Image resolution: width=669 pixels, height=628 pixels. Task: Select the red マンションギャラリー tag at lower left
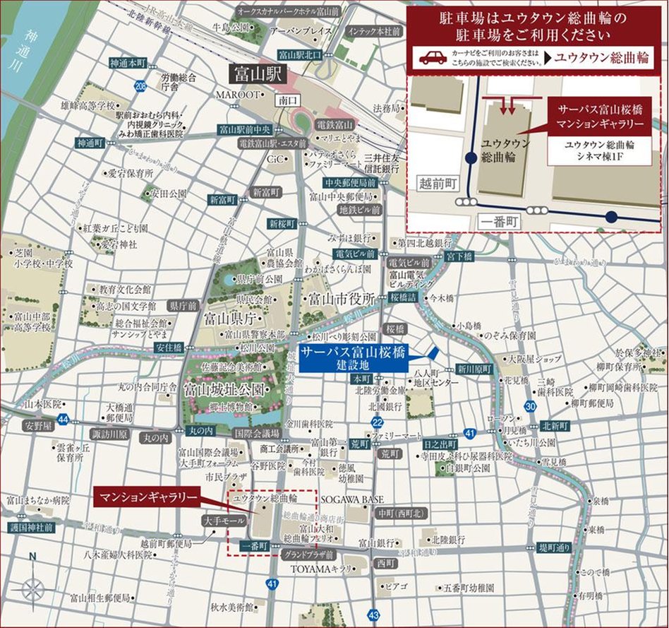(x=147, y=497)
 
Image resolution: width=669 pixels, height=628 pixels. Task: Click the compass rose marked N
(x=32, y=586)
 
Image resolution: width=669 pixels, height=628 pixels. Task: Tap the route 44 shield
(x=64, y=420)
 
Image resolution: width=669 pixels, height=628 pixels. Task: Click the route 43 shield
(x=374, y=615)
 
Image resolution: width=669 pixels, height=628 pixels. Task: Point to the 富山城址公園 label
(x=224, y=389)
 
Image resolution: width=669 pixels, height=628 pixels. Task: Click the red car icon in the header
(x=433, y=58)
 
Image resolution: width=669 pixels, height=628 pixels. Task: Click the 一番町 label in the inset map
(x=500, y=220)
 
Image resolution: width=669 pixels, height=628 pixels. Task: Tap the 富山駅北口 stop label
(x=299, y=54)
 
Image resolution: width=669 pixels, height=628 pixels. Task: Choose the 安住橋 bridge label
(x=170, y=348)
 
